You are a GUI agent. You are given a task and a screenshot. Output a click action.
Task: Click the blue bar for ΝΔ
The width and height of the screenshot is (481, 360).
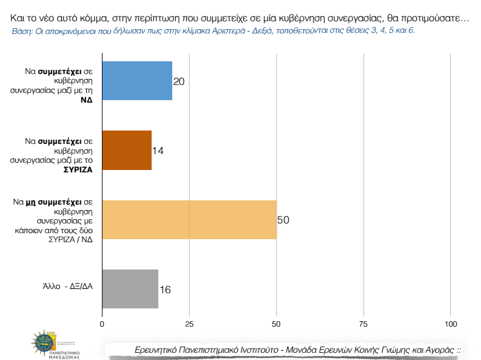coord(137,81)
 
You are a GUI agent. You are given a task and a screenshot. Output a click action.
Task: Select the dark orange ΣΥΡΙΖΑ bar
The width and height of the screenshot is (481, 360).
coord(127,150)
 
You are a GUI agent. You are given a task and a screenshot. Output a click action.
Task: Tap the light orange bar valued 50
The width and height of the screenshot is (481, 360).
coord(189,219)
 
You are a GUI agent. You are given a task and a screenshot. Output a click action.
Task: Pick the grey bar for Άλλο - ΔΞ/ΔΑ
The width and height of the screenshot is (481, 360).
coord(130,289)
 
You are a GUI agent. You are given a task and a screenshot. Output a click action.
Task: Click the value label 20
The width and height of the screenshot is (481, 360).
coord(178,81)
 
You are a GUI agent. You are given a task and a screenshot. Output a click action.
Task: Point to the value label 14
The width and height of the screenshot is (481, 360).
coord(158,151)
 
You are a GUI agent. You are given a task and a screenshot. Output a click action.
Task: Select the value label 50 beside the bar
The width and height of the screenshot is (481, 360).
coord(283,220)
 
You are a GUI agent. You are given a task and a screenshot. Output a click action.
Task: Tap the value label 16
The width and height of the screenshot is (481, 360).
coord(165,290)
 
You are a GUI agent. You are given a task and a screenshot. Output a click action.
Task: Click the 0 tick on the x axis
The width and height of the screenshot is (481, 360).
coord(102,325)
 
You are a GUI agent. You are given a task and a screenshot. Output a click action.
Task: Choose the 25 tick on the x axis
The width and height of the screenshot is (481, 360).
coord(189,325)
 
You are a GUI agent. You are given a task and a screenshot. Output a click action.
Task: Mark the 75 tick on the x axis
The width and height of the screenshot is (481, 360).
coord(363,325)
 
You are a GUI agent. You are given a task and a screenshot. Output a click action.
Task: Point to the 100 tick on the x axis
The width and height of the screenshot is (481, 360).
coord(451,325)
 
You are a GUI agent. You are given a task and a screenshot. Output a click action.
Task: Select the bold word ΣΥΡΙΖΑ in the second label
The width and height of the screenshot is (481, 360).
coord(78,169)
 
